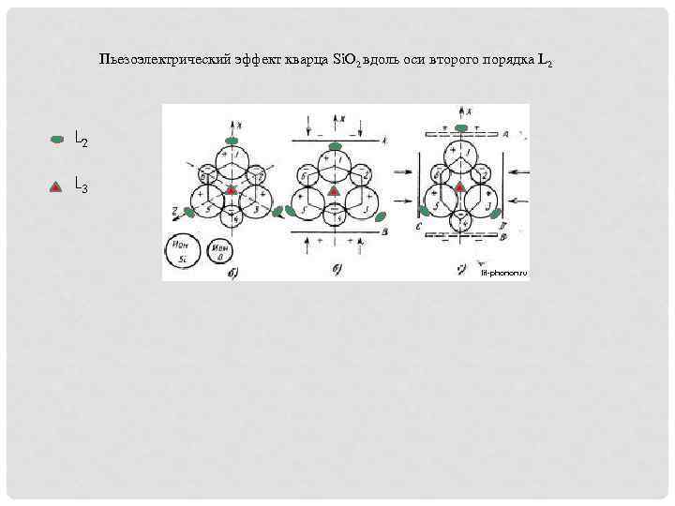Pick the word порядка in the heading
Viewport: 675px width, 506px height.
pos(507,61)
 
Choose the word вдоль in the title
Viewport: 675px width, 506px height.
pos(385,61)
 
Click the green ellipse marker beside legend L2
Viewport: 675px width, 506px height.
pos(56,139)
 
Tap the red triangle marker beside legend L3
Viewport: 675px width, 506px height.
pos(56,186)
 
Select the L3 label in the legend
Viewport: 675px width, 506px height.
pos(82,186)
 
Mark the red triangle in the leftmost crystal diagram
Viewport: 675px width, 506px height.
pos(231,190)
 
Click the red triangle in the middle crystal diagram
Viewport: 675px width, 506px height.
pos(333,190)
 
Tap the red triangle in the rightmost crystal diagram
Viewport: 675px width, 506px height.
pos(459,188)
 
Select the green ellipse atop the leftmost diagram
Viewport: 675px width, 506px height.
pos(232,141)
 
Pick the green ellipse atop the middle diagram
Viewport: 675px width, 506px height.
pos(333,141)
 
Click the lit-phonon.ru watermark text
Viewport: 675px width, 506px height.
pos(504,273)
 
